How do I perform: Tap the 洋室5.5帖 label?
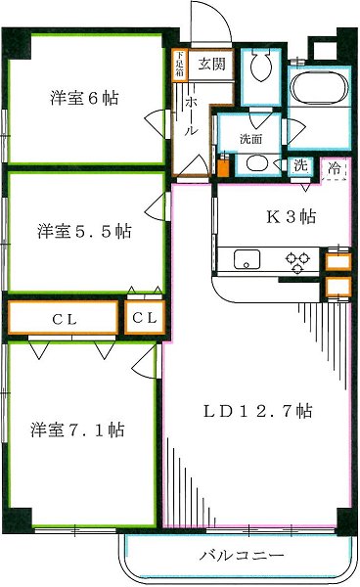[85, 231]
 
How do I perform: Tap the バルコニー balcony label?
[241, 557]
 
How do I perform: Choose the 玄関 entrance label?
[210, 66]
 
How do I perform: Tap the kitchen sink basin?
[247, 259]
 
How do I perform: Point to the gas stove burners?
[297, 259]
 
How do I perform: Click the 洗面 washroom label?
[250, 139]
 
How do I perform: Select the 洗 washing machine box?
[301, 164]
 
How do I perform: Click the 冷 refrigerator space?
[337, 169]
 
